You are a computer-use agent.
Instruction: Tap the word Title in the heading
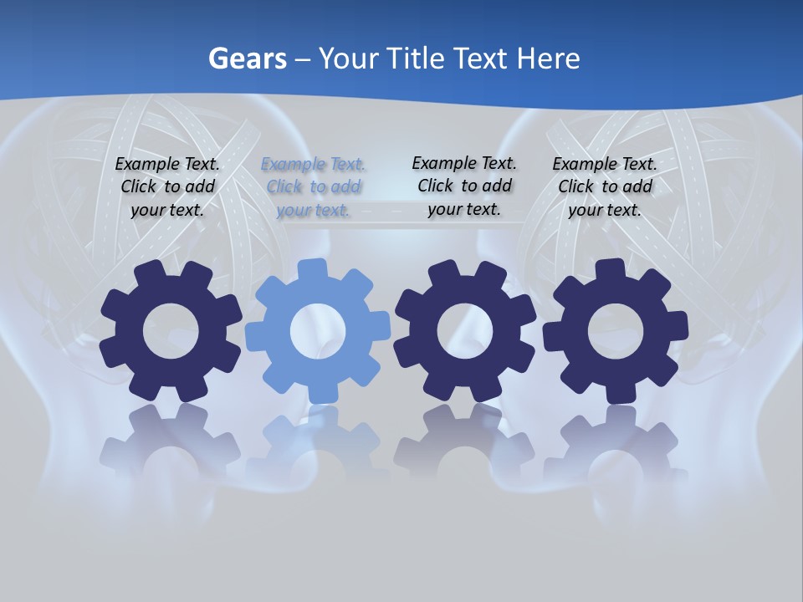point(418,59)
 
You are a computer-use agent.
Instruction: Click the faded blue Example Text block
point(314,187)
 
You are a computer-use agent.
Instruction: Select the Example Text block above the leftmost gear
point(167,187)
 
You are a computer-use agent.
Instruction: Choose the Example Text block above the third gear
point(464,186)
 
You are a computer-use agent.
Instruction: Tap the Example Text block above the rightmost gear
point(605,187)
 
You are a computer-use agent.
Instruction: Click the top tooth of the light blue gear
point(313,270)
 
